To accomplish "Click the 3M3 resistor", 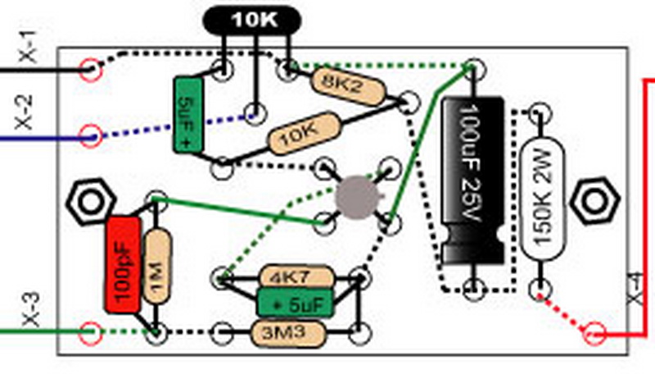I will (x=290, y=332).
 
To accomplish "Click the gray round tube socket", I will (x=359, y=197).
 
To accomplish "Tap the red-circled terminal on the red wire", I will (x=594, y=333).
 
